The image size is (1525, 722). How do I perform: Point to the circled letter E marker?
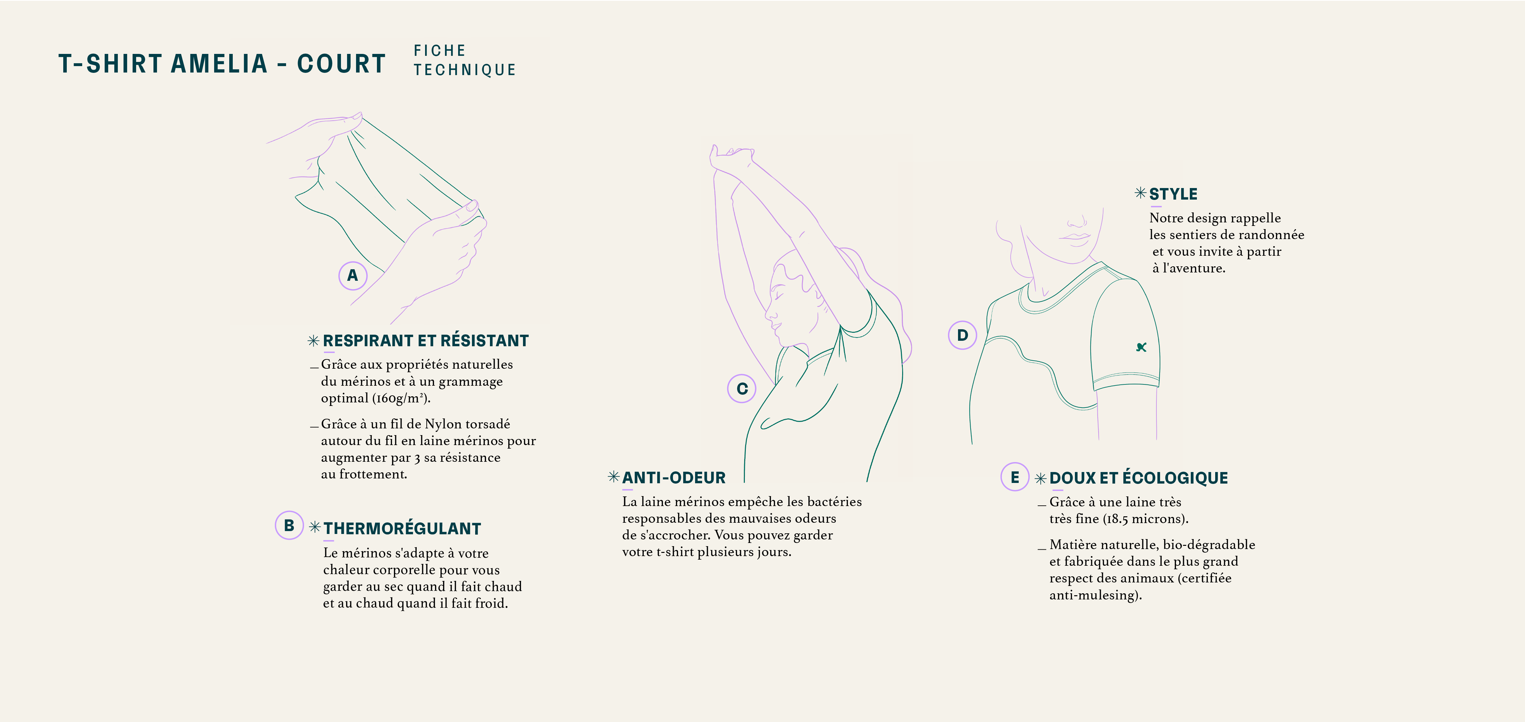pos(1015,477)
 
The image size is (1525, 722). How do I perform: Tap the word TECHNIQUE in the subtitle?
pos(465,70)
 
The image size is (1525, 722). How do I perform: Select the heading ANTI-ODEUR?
pos(674,477)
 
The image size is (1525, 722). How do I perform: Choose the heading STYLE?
pos(1173,194)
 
